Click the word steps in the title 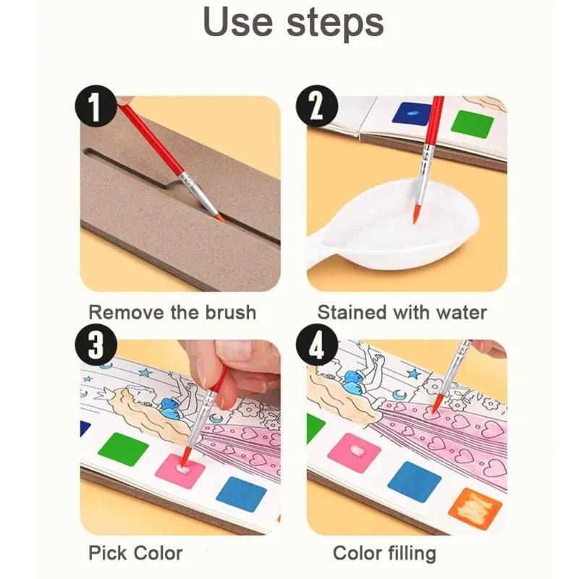point(335,23)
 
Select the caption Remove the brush point(172,313)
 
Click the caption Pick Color point(135,554)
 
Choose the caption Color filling point(384,554)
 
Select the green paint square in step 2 point(472,124)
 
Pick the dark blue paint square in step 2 point(411,114)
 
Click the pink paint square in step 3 point(179,470)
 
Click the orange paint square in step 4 point(475,508)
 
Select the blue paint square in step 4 point(414,480)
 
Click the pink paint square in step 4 point(354,453)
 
